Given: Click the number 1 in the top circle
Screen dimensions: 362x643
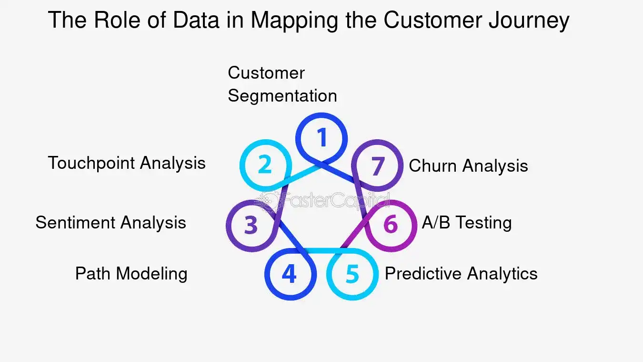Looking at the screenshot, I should pyautogui.click(x=322, y=137).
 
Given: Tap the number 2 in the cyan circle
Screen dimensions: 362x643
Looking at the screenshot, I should pyautogui.click(x=265, y=165).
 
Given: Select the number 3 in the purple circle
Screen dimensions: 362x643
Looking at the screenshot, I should pyautogui.click(x=251, y=226).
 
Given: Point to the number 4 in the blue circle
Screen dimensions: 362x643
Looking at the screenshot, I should pyautogui.click(x=289, y=274).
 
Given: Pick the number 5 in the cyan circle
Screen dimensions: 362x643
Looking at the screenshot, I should pyautogui.click(x=352, y=275).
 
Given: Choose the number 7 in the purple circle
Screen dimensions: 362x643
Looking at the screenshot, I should pyautogui.click(x=377, y=166).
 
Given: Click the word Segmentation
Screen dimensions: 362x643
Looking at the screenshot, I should pyautogui.click(x=282, y=95).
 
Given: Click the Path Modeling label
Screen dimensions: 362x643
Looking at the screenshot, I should pyautogui.click(x=131, y=274).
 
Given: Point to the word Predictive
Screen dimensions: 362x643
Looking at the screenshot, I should pyautogui.click(x=423, y=274).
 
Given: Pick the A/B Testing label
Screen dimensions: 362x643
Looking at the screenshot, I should pyautogui.click(x=466, y=223).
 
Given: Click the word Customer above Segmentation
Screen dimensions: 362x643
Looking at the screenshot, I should pyautogui.click(x=266, y=73).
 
